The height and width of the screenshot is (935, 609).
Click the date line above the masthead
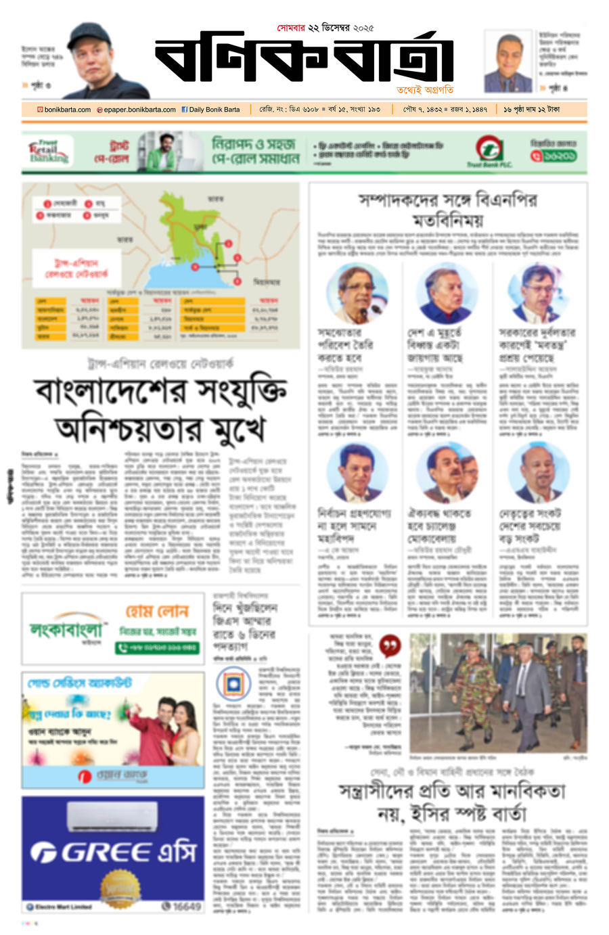[325, 28]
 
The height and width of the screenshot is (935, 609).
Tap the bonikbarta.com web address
[64, 110]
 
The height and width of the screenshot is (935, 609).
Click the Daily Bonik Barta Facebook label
[210, 110]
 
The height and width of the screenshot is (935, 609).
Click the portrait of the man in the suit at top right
[507, 63]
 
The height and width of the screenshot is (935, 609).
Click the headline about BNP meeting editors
[448, 210]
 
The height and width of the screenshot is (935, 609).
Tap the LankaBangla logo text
[66, 631]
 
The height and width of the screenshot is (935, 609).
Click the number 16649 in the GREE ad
[182, 907]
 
